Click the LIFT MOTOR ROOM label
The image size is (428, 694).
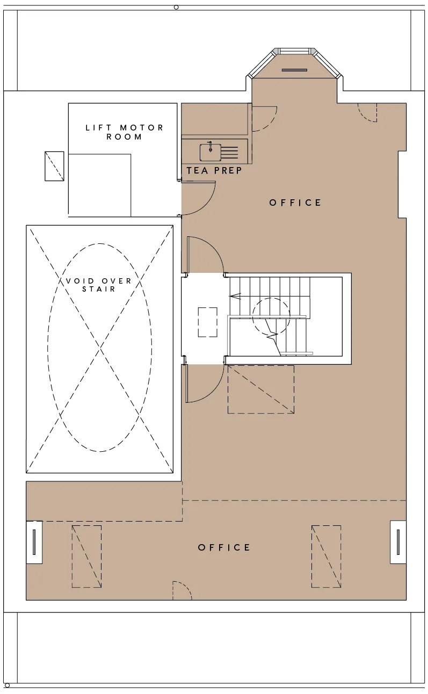tap(124, 132)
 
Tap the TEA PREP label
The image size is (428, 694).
tap(214, 170)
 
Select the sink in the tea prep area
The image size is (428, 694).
tap(210, 152)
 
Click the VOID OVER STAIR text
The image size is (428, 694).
tap(99, 285)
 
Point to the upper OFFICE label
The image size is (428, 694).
tap(295, 203)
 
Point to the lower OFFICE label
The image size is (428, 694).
tap(224, 547)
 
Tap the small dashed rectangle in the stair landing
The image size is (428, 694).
tap(207, 322)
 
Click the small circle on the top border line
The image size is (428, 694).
tap(176, 7)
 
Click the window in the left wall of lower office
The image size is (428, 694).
tap(34, 542)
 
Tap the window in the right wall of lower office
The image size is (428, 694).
tap(398, 542)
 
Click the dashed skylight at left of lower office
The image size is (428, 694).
tap(86, 556)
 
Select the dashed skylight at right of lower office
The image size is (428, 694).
tap(326, 556)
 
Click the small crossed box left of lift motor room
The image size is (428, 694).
tap(54, 166)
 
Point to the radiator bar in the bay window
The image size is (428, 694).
tap(294, 70)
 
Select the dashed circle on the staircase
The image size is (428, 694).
tap(271, 316)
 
